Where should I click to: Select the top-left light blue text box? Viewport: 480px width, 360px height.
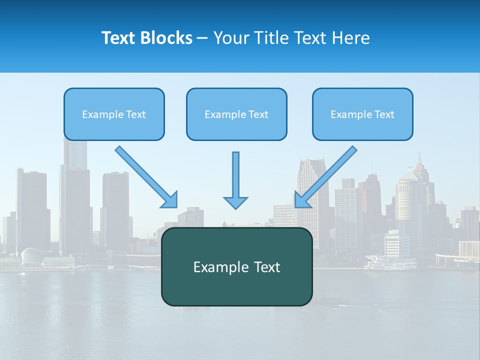click(x=114, y=114)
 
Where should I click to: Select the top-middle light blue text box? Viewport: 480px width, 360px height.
click(x=236, y=114)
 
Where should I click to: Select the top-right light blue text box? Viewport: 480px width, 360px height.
click(x=362, y=114)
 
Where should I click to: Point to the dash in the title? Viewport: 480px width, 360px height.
click(x=203, y=38)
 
